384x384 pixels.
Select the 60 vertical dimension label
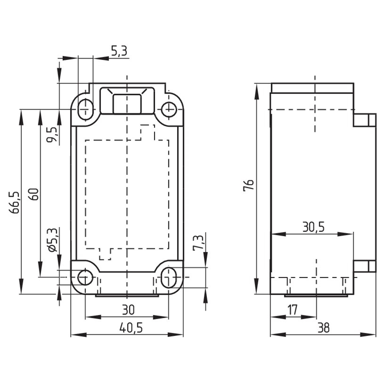(x=34, y=194)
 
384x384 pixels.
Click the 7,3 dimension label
(x=198, y=243)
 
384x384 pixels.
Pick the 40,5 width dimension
(x=131, y=328)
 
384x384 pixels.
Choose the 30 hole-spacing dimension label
(x=129, y=310)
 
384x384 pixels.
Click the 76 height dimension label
(x=249, y=185)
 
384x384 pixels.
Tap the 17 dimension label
(x=292, y=310)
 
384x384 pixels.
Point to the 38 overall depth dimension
(x=324, y=328)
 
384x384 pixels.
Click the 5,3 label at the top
(x=119, y=52)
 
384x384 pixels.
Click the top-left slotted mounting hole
(x=85, y=109)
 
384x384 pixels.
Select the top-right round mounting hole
(x=169, y=109)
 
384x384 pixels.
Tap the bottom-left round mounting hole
(x=85, y=277)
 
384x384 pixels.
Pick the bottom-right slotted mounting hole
(x=169, y=277)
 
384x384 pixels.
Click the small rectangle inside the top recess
(x=127, y=104)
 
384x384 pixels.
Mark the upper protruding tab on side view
(x=364, y=120)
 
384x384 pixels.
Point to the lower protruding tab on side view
(x=364, y=266)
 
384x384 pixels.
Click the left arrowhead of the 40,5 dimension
(x=79, y=335)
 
